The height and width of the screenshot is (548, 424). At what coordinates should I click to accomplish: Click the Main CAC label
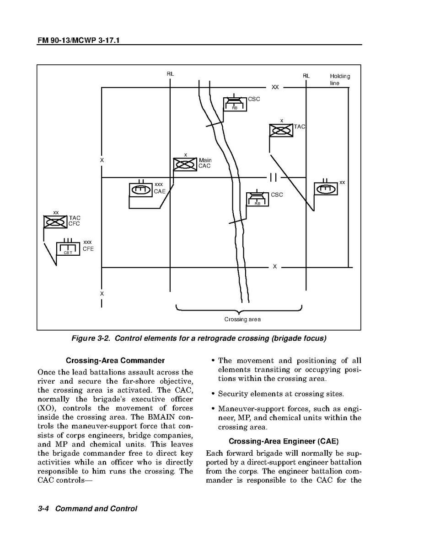pos(205,163)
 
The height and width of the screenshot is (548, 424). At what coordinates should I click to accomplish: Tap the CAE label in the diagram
pos(159,191)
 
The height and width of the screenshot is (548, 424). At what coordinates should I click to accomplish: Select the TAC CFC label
pos(74,221)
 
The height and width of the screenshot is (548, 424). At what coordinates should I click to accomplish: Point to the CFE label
pos(88,249)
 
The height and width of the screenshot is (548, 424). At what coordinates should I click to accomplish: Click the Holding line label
pos(339,79)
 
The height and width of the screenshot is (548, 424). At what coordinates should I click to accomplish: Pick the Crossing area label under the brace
pos(242,319)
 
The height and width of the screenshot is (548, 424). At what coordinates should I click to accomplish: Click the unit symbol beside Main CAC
pos(185,164)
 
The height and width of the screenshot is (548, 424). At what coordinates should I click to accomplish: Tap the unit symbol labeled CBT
pos(68,249)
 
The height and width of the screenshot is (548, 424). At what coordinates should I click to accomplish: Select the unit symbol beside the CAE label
pos(141,189)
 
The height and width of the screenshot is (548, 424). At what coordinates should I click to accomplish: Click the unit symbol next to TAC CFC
pos(55,221)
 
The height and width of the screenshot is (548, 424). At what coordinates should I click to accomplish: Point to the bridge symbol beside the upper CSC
pos(235,104)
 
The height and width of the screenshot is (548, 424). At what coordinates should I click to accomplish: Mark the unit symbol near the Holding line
pos(326,188)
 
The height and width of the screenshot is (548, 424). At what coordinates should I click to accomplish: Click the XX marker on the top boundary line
pos(275,87)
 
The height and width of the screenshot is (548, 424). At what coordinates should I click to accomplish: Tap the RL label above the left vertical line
pos(170,74)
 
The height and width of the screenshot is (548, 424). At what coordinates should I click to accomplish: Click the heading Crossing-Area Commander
pos(115,360)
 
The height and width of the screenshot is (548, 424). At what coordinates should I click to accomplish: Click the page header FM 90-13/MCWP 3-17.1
pos(81,41)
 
